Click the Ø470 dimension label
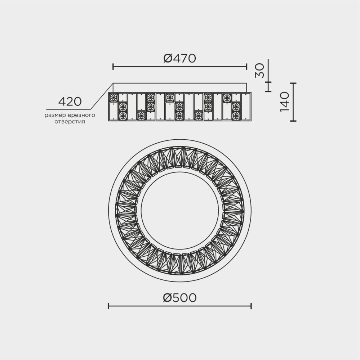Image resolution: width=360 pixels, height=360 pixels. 179,58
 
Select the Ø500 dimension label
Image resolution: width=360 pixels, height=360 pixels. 179,298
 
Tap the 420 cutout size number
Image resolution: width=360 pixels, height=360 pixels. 70,102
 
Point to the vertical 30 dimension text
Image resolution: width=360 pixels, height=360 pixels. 260,71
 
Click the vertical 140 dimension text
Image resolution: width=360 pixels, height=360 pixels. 284,102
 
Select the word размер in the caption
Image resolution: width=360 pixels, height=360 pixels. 54,116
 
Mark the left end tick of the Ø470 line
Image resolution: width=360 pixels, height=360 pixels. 113,67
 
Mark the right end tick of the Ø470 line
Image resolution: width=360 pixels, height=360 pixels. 246,67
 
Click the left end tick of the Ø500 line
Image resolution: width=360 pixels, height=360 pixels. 108,306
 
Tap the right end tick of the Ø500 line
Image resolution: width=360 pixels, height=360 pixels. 251,306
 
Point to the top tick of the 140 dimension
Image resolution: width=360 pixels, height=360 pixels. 293,83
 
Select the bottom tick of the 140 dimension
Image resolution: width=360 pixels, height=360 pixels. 293,121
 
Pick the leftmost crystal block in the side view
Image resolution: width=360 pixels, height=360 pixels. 114,107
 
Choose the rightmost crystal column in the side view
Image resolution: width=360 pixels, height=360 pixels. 246,107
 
